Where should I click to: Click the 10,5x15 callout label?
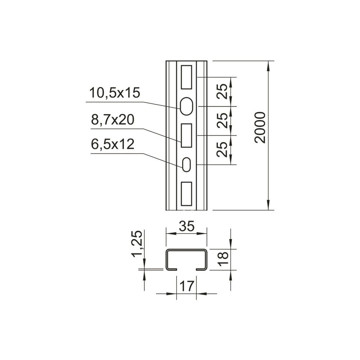tap(114, 93)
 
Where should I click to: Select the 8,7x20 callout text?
tap(112, 120)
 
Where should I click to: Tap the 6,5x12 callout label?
tap(112, 144)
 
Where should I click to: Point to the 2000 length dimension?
tap(260, 128)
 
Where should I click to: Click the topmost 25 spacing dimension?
tap(222, 91)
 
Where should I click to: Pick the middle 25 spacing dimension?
tap(222, 121)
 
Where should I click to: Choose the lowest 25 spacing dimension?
tap(222, 149)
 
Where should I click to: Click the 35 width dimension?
tap(186, 226)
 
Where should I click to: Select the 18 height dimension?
tap(223, 259)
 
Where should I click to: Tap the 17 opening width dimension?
tap(187, 286)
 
